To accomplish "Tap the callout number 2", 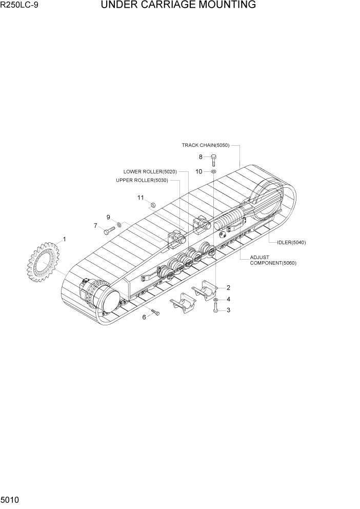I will (x=228, y=288).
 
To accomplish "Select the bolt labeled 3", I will (x=216, y=308).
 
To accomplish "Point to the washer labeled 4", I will (x=216, y=299).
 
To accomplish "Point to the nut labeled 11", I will (x=152, y=205).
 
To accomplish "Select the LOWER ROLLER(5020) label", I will (x=150, y=171).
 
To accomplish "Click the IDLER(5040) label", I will (x=291, y=243).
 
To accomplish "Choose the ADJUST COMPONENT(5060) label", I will (x=273, y=260).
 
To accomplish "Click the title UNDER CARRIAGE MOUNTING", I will (x=178, y=6).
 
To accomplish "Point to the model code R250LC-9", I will (x=19, y=6).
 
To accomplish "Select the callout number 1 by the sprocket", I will (x=65, y=239).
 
